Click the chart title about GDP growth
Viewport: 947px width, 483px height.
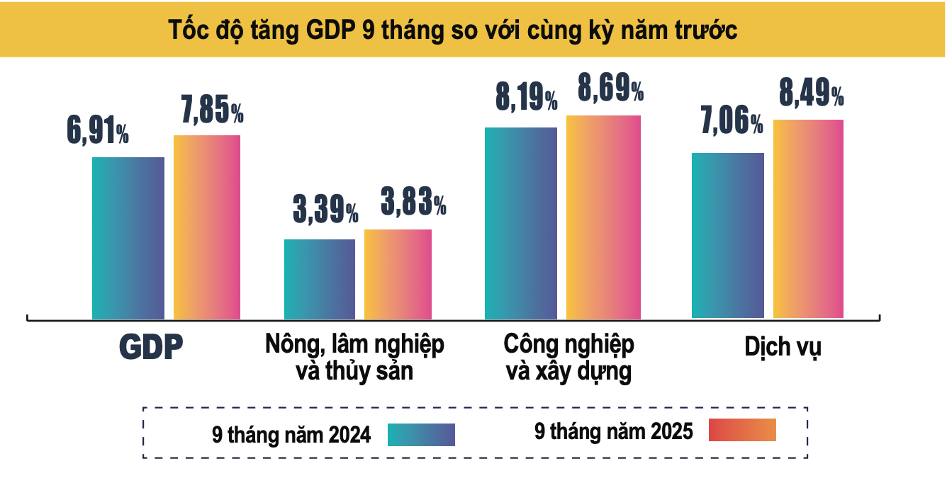[454, 30]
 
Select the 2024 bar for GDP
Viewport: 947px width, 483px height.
[128, 238]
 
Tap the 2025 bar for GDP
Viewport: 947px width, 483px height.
[207, 227]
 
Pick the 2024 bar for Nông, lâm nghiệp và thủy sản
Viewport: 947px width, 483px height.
[320, 279]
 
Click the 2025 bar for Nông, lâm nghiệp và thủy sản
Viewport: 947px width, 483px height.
[398, 274]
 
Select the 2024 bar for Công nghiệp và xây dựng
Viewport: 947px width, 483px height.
[521, 223]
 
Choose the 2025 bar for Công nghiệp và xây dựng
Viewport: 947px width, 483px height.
[603, 217]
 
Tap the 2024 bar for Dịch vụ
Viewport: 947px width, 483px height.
[728, 235]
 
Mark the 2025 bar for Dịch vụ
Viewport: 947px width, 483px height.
[808, 219]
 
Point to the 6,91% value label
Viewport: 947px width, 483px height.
[98, 132]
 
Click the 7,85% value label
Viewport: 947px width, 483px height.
[209, 110]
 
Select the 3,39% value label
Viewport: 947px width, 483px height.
[325, 210]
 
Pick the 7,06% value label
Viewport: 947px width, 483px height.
[732, 123]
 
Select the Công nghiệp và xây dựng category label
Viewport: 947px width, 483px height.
[569, 358]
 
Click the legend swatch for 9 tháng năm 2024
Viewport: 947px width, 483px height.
[421, 434]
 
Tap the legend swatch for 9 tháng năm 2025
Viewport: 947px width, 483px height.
[742, 430]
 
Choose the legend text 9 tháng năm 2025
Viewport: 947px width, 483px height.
[613, 431]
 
